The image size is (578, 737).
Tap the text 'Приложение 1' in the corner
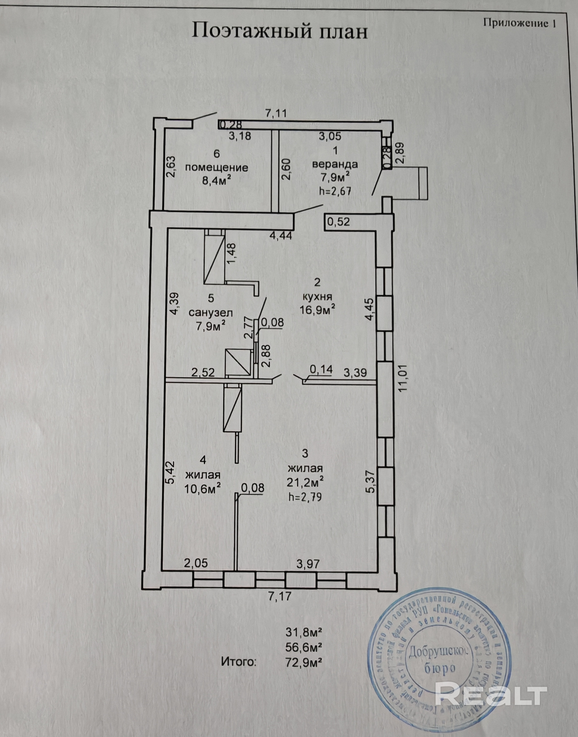[x=519, y=23]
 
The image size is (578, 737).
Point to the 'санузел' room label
[x=211, y=312]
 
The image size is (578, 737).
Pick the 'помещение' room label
[x=217, y=168]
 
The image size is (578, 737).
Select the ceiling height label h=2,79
[x=304, y=497]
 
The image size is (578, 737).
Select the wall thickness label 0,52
[x=338, y=222]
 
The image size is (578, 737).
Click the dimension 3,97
[x=308, y=563]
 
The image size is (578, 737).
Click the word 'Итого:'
[x=239, y=661]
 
